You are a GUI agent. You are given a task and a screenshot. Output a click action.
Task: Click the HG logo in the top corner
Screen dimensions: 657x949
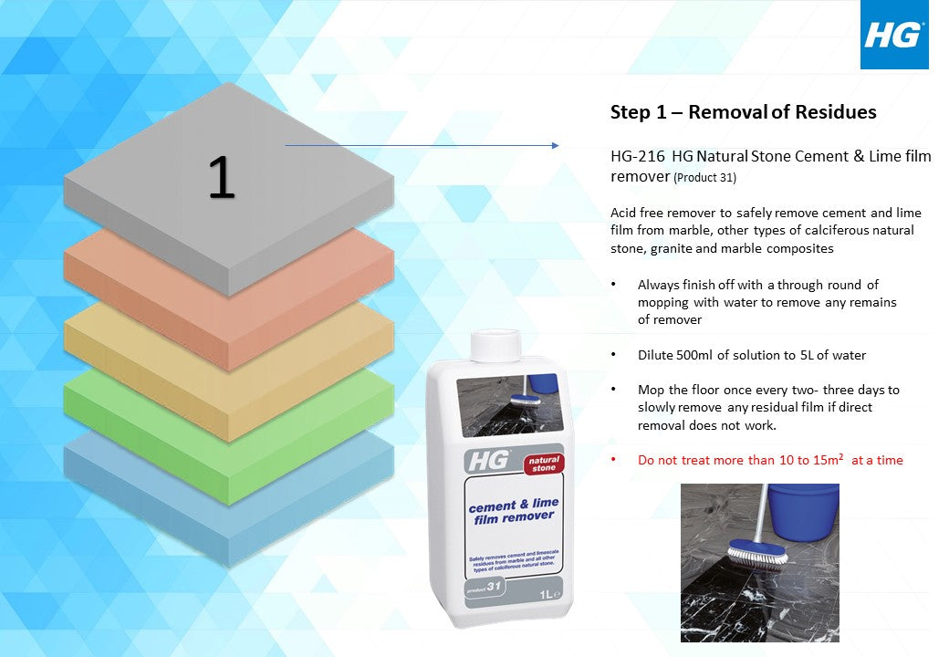[x=893, y=36]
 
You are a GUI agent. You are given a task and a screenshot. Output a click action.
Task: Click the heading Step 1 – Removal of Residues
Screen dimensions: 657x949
[x=743, y=112]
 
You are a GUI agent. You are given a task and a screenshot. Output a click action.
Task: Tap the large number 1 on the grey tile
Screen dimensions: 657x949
[x=221, y=177]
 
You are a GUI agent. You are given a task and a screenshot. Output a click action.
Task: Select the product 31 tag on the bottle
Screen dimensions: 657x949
[x=471, y=585]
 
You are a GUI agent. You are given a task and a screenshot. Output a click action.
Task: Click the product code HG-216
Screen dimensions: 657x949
[x=638, y=156]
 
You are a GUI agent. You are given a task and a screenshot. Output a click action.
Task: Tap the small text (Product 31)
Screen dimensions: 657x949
[x=704, y=177]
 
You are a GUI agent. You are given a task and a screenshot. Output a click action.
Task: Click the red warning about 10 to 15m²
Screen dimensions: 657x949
[x=770, y=461]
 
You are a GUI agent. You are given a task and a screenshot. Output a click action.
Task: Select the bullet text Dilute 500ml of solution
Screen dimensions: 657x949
[x=752, y=355]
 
